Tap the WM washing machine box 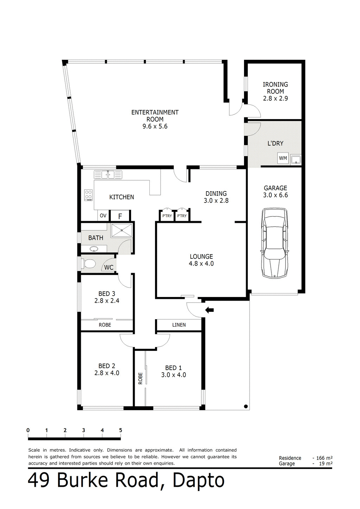click(283, 158)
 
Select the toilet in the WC click(89, 264)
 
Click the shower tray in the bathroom click(122, 230)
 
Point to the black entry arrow click(210, 310)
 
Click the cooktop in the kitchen click(89, 195)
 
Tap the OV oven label click(103, 215)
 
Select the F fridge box click(120, 216)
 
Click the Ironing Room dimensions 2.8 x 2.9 click(275, 98)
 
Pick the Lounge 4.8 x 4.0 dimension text click(201, 264)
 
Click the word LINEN click(179, 325)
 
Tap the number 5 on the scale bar click(121, 430)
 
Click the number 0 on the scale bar click(28, 430)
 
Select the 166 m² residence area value click(324, 458)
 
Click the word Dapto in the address click(199, 481)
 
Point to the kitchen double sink click(108, 174)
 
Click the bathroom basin click(94, 249)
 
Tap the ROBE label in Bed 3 click(105, 325)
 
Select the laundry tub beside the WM click(296, 159)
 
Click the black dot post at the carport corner click(246, 406)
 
